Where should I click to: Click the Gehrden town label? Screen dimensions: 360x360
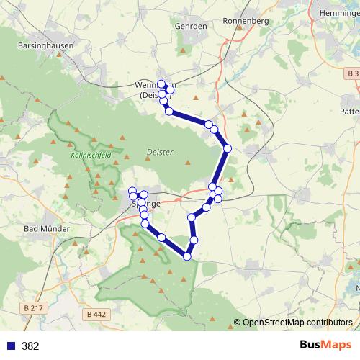point(191,25)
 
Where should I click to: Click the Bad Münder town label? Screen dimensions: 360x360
point(46,229)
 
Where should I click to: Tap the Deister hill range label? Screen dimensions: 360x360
point(160,152)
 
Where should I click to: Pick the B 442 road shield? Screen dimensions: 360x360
point(95,314)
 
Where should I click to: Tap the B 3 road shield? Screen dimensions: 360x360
point(351,74)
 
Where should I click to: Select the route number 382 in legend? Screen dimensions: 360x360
point(31,346)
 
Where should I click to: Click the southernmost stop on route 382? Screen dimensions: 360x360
point(187,256)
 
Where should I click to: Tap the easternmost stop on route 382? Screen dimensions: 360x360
point(228,148)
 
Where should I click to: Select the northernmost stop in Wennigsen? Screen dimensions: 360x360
point(161,83)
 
